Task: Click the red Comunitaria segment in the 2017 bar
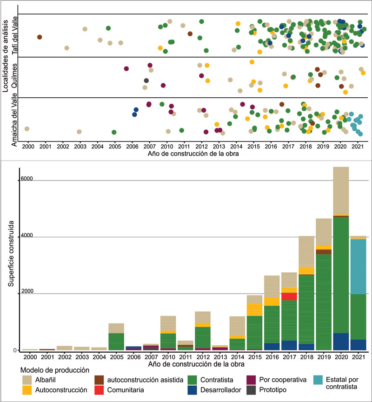(x=289, y=296)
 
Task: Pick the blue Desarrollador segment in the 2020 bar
(x=341, y=342)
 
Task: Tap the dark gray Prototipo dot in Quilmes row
(x=146, y=80)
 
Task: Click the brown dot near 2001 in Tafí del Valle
(x=40, y=37)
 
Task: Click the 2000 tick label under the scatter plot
(x=28, y=147)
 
